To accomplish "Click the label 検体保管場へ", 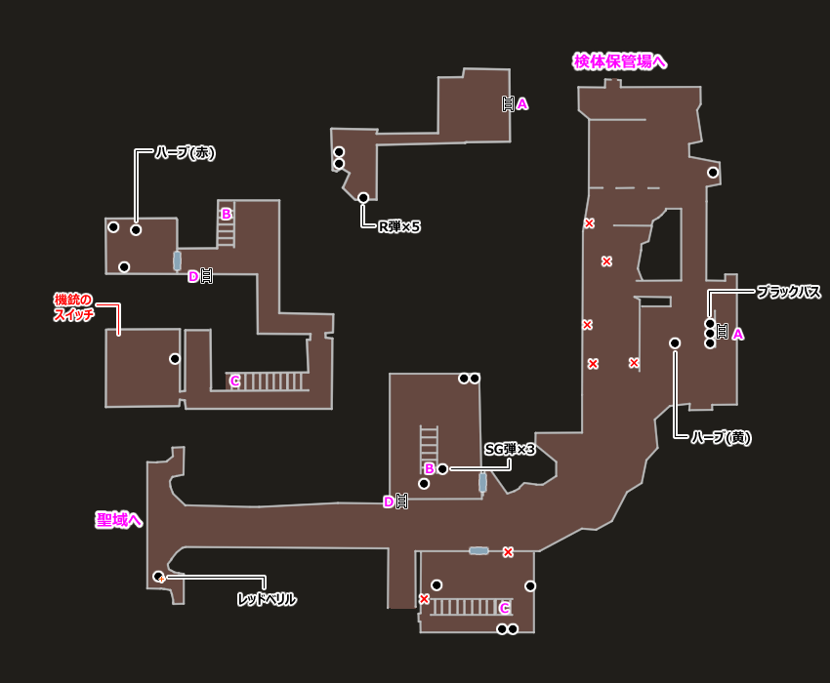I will coord(619,61).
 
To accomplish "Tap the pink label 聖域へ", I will coord(118,520).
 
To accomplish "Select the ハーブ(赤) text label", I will coord(185,153).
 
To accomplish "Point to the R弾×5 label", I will coord(399,226).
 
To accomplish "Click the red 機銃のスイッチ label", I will coord(74,307).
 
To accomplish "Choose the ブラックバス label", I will coord(789,292).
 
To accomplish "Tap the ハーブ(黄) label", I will coord(721,437).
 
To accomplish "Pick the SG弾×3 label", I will coord(510,449).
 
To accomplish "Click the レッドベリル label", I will coord(267,599).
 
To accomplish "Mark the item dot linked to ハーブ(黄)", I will coord(675,342).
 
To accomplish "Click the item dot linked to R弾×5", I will coord(363,198).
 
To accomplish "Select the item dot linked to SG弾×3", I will coord(442,469).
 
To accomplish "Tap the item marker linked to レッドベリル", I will coord(158,577).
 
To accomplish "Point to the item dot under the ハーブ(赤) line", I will coord(136,230).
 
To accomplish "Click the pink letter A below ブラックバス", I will coord(738,334).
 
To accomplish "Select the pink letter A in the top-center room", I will coord(522,103).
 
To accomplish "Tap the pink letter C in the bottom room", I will coord(505,608).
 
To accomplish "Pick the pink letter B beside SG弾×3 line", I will coord(429,468).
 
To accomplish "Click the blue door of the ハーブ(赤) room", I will coord(177,261).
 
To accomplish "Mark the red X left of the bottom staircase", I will coord(424,599).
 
